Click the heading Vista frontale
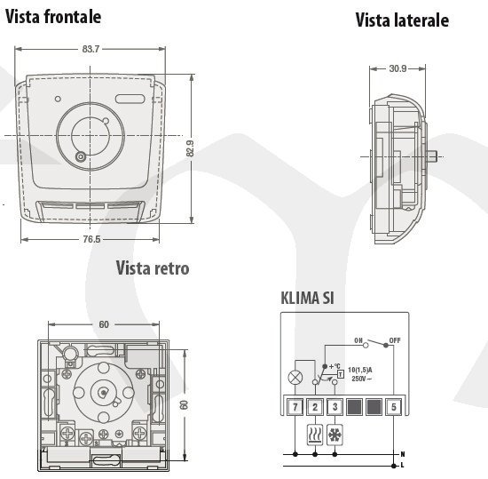[x=53, y=17]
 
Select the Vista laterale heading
[x=402, y=20]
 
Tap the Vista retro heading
[x=153, y=268]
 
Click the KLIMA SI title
[x=308, y=298]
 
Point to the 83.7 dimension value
[x=91, y=49]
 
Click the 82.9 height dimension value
[x=190, y=148]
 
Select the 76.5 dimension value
[x=91, y=239]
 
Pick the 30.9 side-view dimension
[x=397, y=68]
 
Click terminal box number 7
[x=295, y=407]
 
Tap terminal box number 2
[x=315, y=407]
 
